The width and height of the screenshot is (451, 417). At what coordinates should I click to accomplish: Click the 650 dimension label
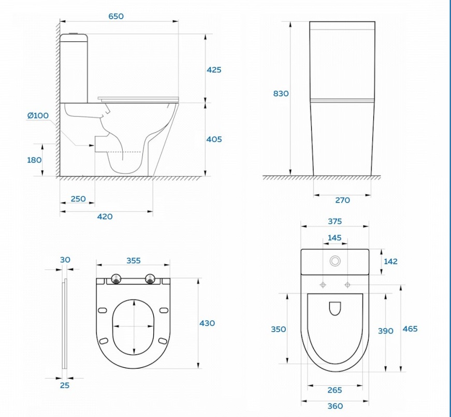(x=116, y=16)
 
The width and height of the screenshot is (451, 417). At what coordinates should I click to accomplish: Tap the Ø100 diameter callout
(x=38, y=116)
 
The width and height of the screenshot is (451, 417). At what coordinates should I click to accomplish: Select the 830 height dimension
(x=281, y=94)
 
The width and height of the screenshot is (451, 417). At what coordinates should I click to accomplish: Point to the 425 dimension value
(x=214, y=69)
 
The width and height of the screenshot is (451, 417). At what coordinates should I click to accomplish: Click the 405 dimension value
(x=214, y=139)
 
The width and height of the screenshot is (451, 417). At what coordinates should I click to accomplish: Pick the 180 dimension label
(x=34, y=160)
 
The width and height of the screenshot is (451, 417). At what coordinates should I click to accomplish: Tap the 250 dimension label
(x=78, y=199)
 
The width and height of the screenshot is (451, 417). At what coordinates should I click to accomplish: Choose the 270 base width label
(x=342, y=200)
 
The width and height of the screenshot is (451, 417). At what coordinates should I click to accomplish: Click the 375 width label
(x=335, y=221)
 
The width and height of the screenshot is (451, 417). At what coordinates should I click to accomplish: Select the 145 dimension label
(x=334, y=238)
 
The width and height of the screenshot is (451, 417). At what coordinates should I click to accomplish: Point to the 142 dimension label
(x=390, y=261)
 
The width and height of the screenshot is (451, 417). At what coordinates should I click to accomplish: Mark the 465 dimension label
(x=410, y=328)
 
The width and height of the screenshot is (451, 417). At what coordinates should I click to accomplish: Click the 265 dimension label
(x=335, y=390)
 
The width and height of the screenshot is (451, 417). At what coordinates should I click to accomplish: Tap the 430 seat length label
(x=207, y=323)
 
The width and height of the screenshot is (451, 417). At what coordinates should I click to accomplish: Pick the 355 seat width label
(x=134, y=261)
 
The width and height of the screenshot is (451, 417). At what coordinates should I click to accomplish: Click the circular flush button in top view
(x=335, y=261)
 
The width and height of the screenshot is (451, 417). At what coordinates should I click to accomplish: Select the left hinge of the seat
(x=116, y=279)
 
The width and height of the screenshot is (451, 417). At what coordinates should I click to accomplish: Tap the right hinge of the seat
(x=150, y=279)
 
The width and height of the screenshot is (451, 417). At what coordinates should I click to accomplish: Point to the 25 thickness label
(x=65, y=385)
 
